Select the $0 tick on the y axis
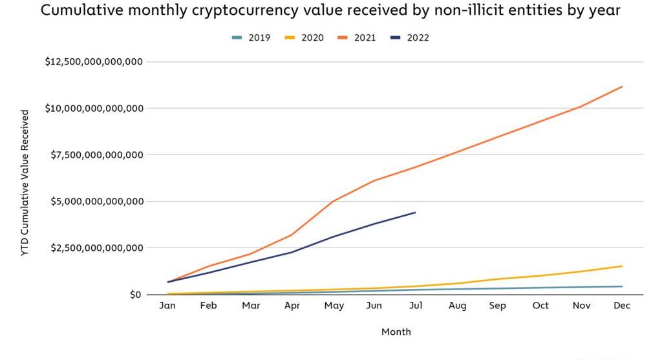[134, 295]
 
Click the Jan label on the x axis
[167, 306]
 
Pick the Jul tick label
[415, 306]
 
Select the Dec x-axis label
[622, 306]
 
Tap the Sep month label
[498, 306]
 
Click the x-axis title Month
[396, 332]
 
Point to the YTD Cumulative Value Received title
[25, 183]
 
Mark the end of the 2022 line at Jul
[415, 212]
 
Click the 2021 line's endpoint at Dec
[622, 87]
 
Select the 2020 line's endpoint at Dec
[622, 266]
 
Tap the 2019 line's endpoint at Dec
[622, 286]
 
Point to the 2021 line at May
[333, 201]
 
